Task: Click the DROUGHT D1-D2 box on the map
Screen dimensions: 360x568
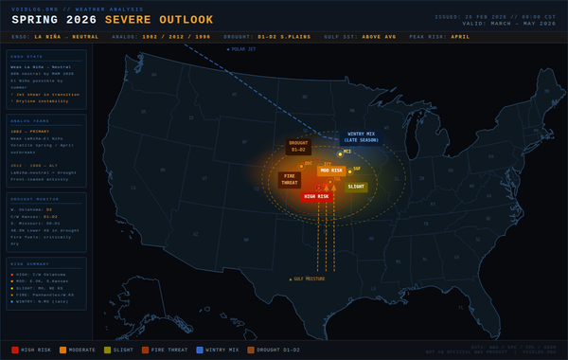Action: coord(298,147)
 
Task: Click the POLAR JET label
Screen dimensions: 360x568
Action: coord(243,48)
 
